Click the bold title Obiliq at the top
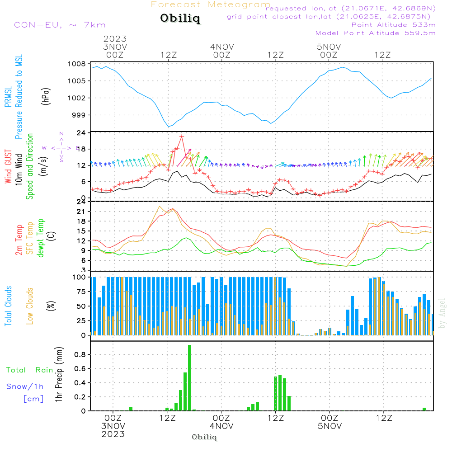point(180,19)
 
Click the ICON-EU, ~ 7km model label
point(58,25)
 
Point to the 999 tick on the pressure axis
point(79,115)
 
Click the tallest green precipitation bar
point(190,377)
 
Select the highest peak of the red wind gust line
point(182,136)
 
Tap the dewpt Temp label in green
point(41,238)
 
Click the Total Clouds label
point(8,306)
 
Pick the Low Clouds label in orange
point(30,306)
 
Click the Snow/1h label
point(25,386)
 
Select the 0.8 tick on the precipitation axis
point(80,355)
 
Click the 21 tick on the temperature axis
point(81,212)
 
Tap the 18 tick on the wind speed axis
point(81,149)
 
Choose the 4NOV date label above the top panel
point(222,47)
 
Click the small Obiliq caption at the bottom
point(204,437)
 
